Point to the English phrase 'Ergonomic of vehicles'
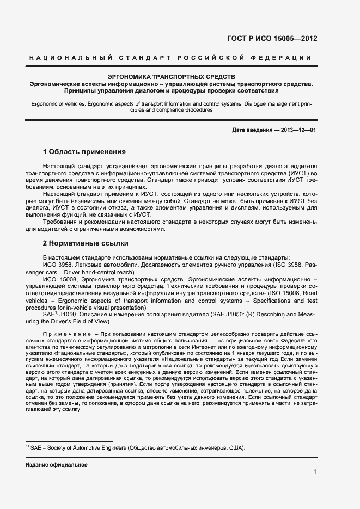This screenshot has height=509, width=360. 57,102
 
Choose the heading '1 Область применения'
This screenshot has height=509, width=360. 84,151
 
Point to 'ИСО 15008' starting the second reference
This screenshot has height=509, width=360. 59,279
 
